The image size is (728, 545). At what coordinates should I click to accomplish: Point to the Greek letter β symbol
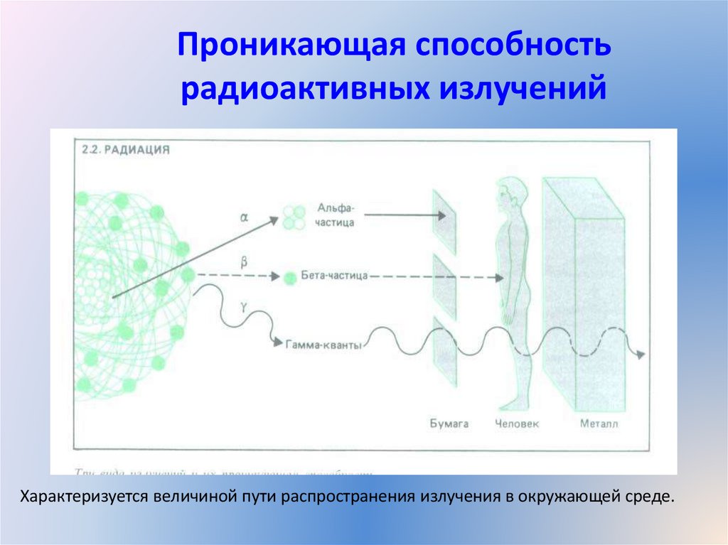click(x=244, y=261)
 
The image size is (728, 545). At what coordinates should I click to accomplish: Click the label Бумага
click(x=449, y=423)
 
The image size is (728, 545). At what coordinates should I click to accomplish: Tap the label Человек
click(x=516, y=423)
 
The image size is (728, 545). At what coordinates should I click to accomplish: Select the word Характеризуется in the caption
click(x=81, y=495)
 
